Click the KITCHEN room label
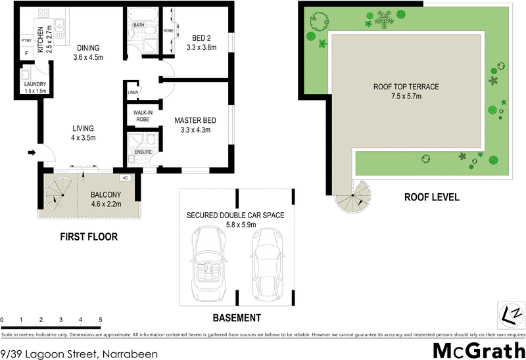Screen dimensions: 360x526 tap(40, 39)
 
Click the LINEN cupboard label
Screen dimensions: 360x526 tap(133, 93)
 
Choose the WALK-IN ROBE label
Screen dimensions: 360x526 tap(143, 116)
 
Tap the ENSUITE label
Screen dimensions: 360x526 tap(143, 152)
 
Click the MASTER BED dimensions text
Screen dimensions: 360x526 tap(195, 130)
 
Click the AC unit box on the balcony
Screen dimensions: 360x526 tap(125, 178)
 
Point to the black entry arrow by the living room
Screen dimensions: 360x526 tap(31, 154)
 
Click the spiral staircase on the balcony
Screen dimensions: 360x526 tap(55, 193)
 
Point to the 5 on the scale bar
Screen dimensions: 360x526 tap(101, 320)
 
